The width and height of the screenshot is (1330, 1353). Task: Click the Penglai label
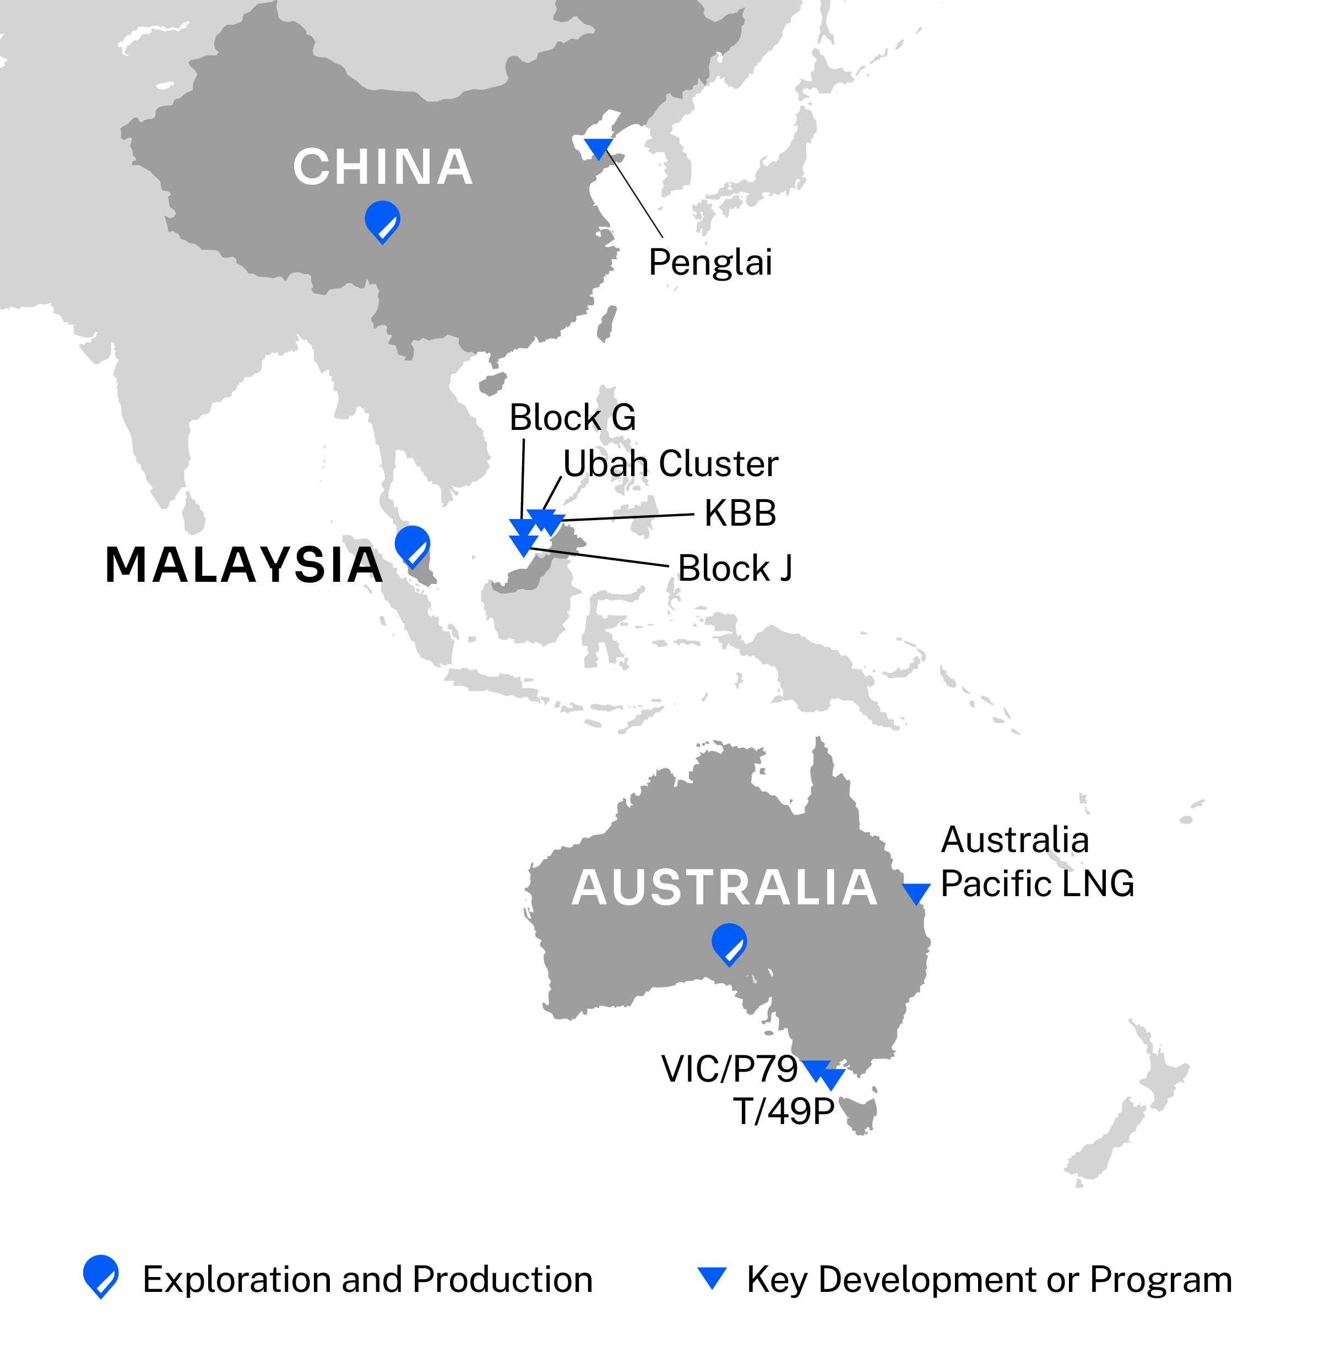(710, 263)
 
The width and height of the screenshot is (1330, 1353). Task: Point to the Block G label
(572, 417)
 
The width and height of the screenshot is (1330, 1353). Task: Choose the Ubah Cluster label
(670, 463)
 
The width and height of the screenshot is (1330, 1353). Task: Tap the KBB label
(740, 513)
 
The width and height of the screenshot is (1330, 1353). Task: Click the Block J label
(735, 568)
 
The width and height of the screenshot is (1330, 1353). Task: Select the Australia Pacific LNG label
(1036, 861)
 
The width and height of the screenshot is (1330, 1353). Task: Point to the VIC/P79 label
(729, 1069)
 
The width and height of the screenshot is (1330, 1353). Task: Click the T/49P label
(783, 1111)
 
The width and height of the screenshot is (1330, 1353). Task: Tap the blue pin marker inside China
(382, 221)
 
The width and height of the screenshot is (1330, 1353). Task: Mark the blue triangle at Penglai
(598, 148)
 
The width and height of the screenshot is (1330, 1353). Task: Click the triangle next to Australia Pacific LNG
(916, 892)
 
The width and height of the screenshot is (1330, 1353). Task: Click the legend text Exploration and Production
(367, 1280)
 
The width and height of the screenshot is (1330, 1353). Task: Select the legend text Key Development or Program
(989, 1280)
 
